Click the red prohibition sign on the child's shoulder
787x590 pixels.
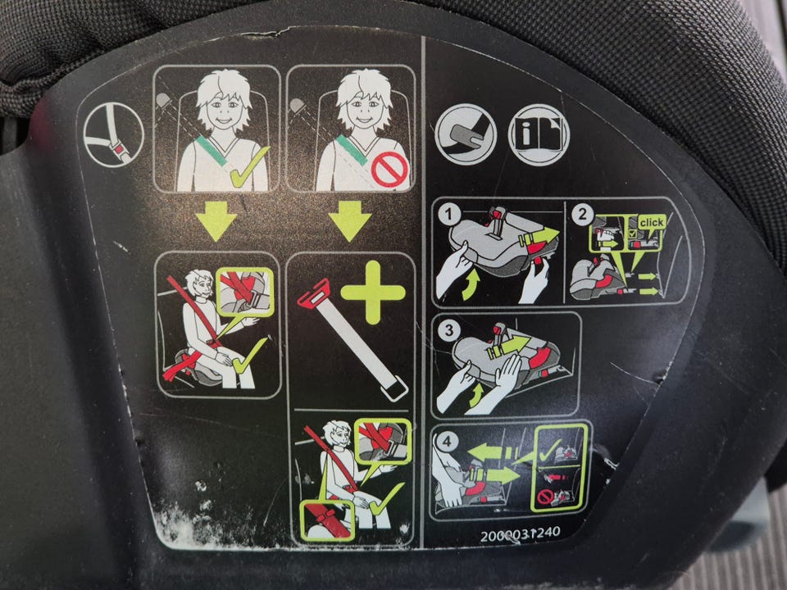point(389,170)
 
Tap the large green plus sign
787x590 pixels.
point(373,293)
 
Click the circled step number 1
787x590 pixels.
point(449,216)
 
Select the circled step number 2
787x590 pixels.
point(582,216)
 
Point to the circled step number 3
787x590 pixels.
point(448,330)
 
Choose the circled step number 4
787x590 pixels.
point(448,442)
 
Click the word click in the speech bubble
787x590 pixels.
point(652,222)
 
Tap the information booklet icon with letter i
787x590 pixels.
point(539,134)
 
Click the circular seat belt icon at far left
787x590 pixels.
point(114,134)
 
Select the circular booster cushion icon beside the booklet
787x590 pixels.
point(466,134)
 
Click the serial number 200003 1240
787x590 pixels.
point(520,533)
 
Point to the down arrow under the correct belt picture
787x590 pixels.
point(216,220)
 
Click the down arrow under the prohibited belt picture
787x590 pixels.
point(350,220)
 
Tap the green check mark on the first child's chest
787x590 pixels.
point(249,167)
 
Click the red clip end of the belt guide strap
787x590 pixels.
point(314,293)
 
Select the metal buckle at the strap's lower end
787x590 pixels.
point(394,388)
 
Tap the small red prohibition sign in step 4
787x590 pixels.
point(546,497)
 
